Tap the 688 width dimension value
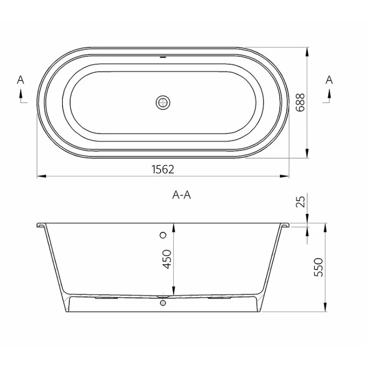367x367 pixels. click(x=300, y=102)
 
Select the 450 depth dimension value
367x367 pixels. click(x=167, y=259)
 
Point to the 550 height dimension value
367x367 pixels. click(x=318, y=267)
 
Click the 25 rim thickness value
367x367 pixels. click(x=301, y=202)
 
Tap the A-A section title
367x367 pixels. click(x=181, y=195)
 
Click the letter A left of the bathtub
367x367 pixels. click(x=21, y=80)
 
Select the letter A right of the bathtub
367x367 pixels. click(x=329, y=80)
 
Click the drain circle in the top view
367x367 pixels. click(x=163, y=102)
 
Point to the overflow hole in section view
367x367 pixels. click(x=163, y=235)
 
